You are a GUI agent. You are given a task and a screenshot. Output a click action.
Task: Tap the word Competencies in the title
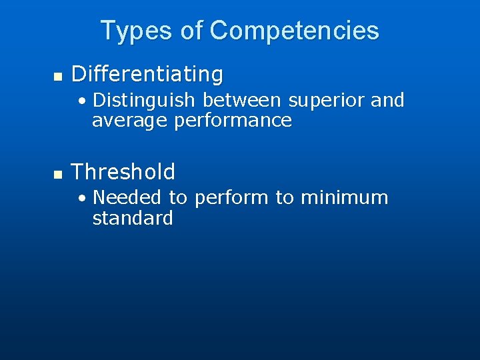pyautogui.click(x=294, y=31)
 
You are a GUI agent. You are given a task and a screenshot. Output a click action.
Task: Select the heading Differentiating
pyautogui.click(x=147, y=75)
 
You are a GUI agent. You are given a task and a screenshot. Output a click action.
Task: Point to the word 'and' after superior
pyautogui.click(x=387, y=100)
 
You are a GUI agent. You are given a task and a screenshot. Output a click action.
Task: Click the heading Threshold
pyautogui.click(x=123, y=172)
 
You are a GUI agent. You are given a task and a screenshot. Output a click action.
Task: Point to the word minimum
pyautogui.click(x=345, y=197)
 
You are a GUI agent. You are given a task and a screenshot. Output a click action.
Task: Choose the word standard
pyautogui.click(x=133, y=218)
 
